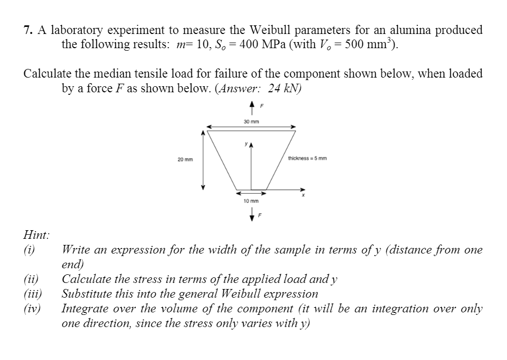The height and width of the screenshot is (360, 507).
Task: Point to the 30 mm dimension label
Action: tap(251, 122)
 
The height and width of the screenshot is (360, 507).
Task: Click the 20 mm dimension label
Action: tap(185, 160)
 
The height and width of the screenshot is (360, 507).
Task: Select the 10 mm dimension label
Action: tap(251, 201)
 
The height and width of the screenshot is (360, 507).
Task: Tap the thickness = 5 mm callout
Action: tap(307, 158)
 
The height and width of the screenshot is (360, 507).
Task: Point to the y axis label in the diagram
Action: tap(245, 144)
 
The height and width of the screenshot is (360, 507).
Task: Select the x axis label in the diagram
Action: tap(303, 194)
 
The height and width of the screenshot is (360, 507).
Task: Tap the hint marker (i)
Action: tap(29, 249)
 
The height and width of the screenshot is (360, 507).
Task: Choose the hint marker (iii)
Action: tap(32, 294)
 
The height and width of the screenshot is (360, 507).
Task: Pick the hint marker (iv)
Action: tap(32, 308)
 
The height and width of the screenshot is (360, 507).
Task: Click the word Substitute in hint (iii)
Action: tap(87, 294)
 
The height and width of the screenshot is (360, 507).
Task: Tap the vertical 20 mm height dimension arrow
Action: tap(204, 160)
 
